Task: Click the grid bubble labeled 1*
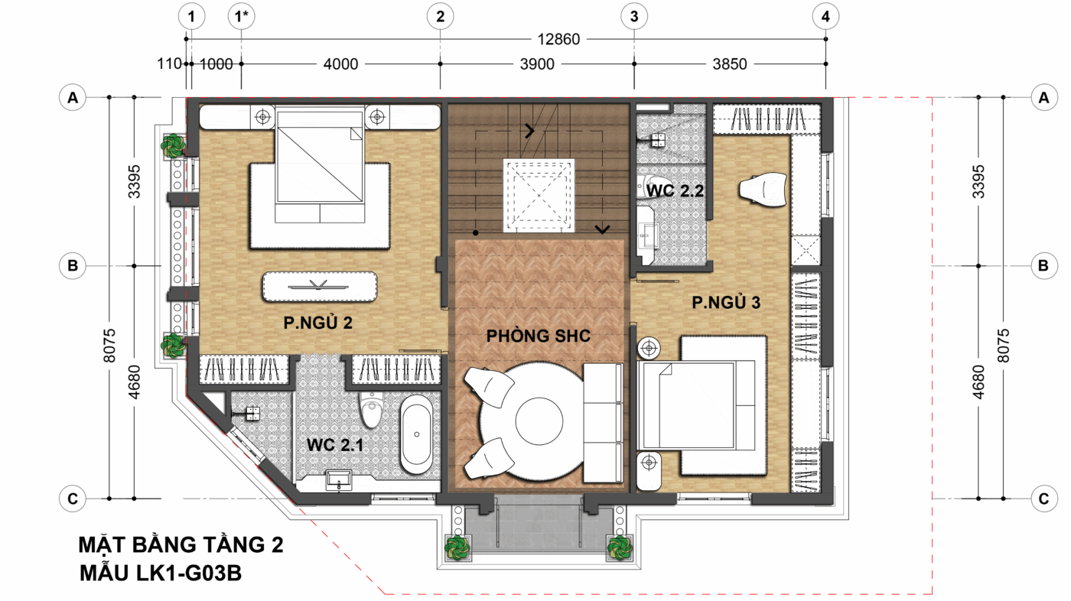click(x=242, y=16)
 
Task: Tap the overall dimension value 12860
click(x=558, y=39)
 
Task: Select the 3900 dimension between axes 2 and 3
click(x=537, y=64)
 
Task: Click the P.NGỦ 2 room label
click(x=318, y=323)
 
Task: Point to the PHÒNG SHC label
click(x=539, y=336)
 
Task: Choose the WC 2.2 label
click(x=675, y=191)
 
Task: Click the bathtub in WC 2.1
click(x=416, y=434)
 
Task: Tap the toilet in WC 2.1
click(x=371, y=409)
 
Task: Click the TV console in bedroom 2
click(x=320, y=287)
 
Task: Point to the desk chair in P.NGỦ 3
click(x=763, y=190)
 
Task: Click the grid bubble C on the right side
click(x=1043, y=499)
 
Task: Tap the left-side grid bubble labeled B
click(x=73, y=265)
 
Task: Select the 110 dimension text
click(x=169, y=63)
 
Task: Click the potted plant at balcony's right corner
click(x=620, y=547)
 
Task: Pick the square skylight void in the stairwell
click(x=539, y=196)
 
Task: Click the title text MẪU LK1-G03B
click(x=161, y=573)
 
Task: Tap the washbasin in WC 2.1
click(x=339, y=479)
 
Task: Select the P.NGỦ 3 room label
click(x=726, y=302)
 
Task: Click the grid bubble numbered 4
click(x=825, y=16)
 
